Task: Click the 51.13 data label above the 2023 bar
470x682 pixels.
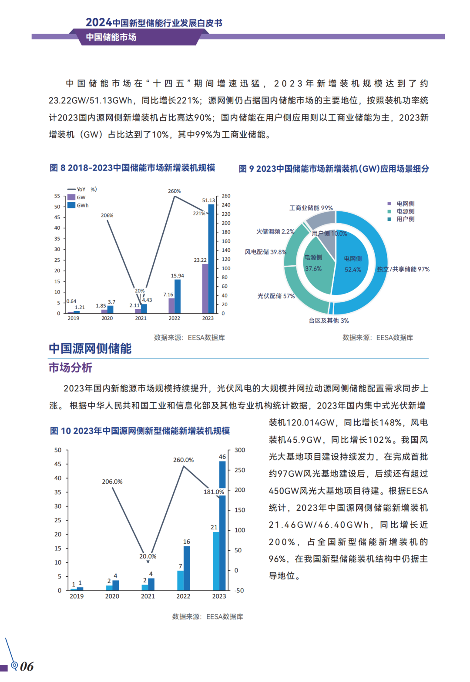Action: [208, 201]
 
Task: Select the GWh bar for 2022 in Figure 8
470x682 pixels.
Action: [178, 296]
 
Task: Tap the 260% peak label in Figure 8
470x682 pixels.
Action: [175, 191]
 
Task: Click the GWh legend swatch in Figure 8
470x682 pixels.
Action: [71, 205]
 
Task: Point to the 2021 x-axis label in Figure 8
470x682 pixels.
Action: [141, 318]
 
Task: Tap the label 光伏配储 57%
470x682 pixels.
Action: [276, 296]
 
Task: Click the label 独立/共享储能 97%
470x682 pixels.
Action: [403, 269]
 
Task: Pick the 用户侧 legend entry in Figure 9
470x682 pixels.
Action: [405, 219]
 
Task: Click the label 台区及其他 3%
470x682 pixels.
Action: [329, 321]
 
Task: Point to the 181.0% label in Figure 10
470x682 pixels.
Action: [214, 492]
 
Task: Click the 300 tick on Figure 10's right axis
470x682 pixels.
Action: [240, 450]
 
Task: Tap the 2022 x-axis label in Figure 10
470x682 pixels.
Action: [183, 596]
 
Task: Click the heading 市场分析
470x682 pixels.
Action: [70, 368]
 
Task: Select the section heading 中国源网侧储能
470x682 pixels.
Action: [90, 348]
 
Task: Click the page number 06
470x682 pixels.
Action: [27, 666]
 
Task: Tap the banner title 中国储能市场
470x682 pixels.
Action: [111, 37]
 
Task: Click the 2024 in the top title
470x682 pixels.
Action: [98, 22]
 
